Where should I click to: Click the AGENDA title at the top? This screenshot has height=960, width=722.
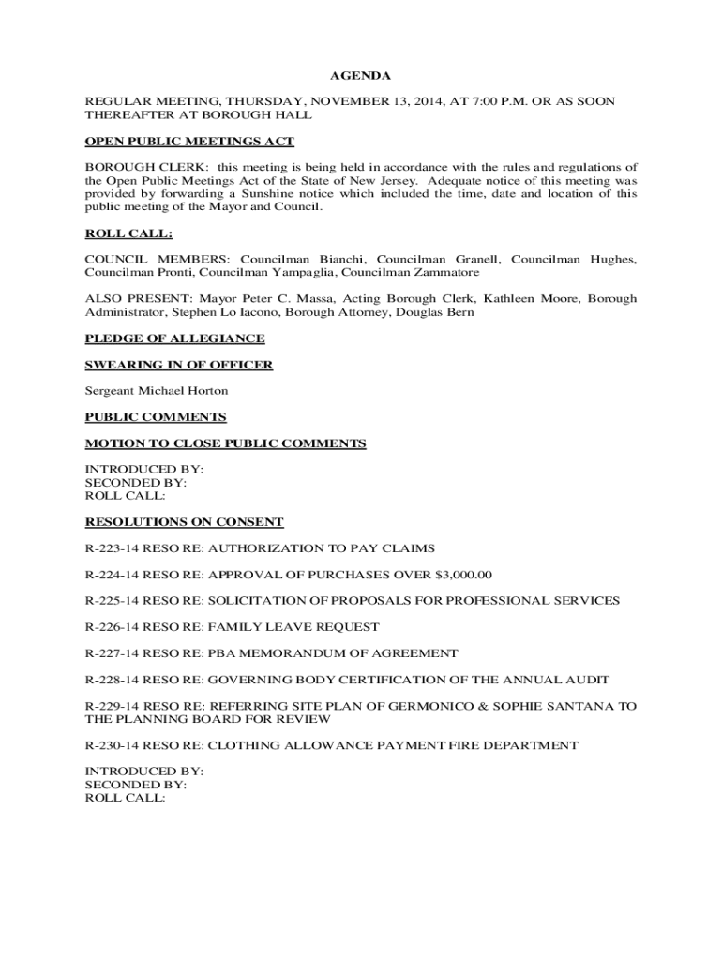click(x=360, y=75)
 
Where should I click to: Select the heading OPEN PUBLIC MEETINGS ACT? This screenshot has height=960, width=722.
click(x=189, y=142)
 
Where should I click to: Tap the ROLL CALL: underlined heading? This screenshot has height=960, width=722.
click(x=128, y=233)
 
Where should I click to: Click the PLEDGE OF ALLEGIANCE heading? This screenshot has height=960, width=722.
click(x=174, y=338)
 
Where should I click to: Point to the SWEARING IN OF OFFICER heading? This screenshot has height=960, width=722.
click(x=179, y=365)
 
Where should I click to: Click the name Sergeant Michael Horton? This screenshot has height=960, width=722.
click(x=157, y=391)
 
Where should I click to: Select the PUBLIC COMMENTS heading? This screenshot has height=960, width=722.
click(x=156, y=417)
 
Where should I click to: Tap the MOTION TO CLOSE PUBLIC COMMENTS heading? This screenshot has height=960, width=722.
click(x=225, y=443)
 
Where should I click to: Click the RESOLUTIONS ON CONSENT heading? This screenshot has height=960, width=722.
click(x=184, y=522)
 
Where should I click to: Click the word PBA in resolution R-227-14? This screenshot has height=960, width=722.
click(x=221, y=653)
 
